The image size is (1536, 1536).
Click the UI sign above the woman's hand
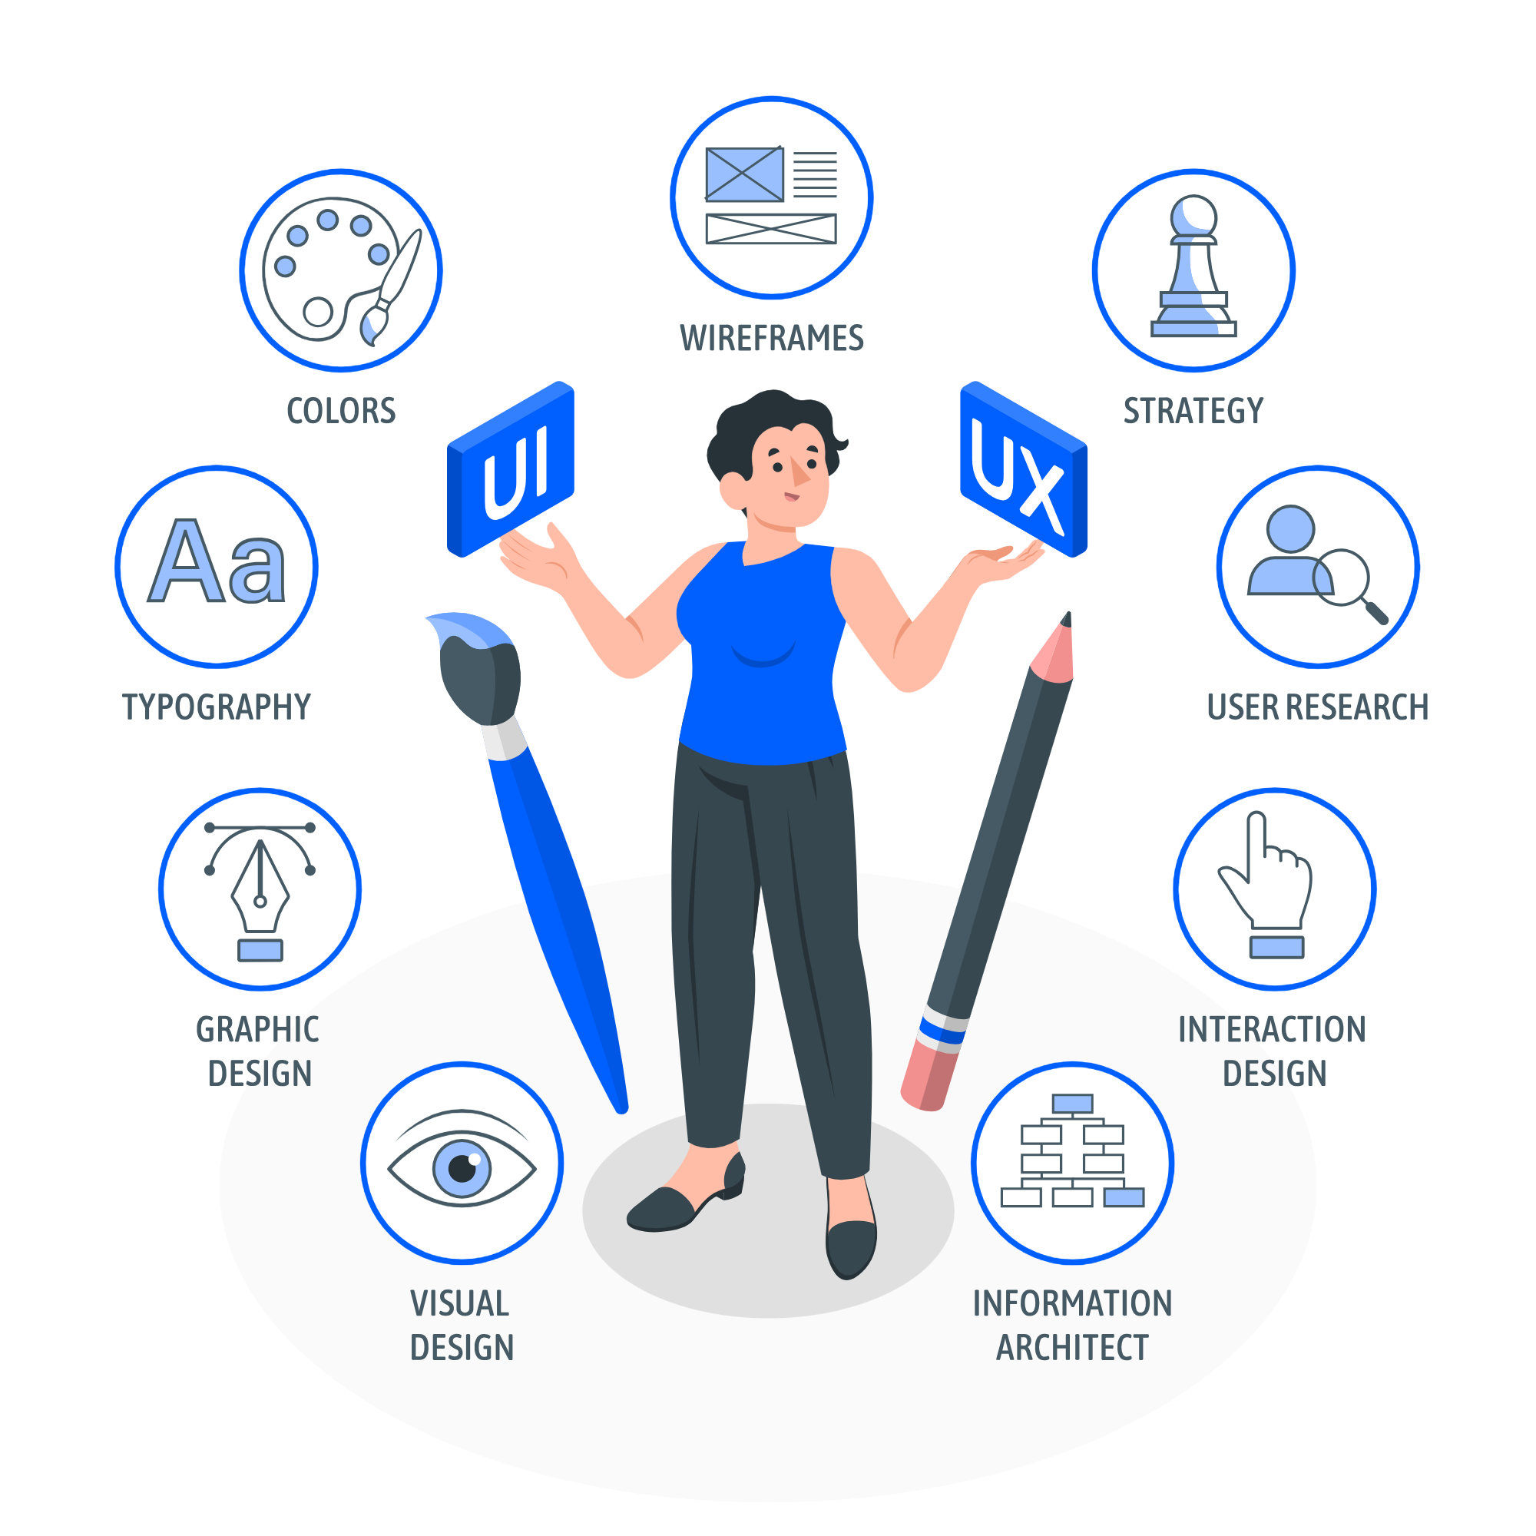(x=511, y=469)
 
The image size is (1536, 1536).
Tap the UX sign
(x=1023, y=469)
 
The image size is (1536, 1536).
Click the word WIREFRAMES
(x=771, y=339)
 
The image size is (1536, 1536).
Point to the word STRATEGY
(x=1193, y=411)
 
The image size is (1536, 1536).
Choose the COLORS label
(x=341, y=411)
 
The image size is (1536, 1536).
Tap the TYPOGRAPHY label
(x=217, y=707)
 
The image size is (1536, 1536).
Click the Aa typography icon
(x=217, y=561)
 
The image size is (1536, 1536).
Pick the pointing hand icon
(x=1266, y=884)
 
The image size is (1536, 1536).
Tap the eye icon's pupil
(x=462, y=1169)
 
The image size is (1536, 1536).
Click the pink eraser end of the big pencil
(x=927, y=1078)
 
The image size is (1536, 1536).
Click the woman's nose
(x=798, y=472)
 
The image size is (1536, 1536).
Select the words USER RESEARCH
(x=1317, y=707)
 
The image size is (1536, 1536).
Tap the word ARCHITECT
(x=1072, y=1348)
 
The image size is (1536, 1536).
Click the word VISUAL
(x=459, y=1304)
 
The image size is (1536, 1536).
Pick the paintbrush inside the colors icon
(x=389, y=288)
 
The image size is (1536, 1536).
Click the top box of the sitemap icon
(x=1072, y=1104)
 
